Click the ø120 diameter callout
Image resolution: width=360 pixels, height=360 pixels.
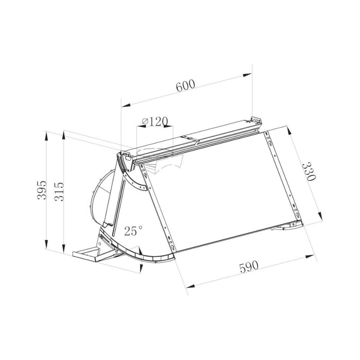[x=154, y=121]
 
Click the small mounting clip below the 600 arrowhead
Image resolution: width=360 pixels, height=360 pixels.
[x=256, y=120]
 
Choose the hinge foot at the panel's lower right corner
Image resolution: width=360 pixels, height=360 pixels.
[x=285, y=226]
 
